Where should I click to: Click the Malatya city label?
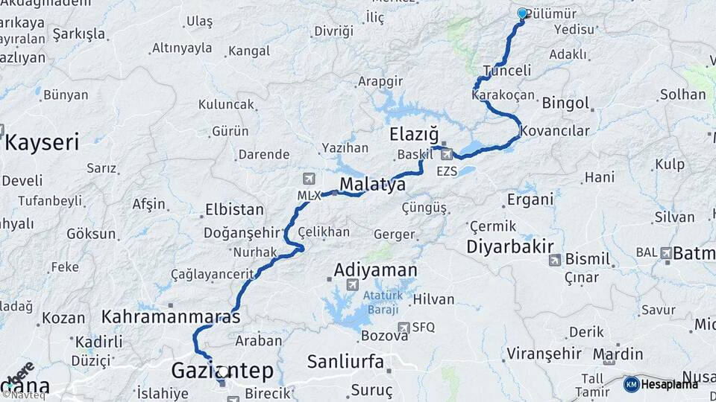pos(372,184)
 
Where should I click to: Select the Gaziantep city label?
pos(222,370)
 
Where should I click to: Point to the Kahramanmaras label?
pos(171,316)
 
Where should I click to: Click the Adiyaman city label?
pos(375,269)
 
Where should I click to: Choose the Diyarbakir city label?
pos(510,246)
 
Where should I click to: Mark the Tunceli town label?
pos(507,71)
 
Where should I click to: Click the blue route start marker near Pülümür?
pos(521,13)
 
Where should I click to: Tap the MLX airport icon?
pos(310,179)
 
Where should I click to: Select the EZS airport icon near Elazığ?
pos(447,155)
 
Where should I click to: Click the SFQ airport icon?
pos(403,327)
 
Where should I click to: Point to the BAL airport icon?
pos(665,253)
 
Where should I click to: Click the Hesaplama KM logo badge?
pos(631,384)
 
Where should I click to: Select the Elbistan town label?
pos(234,209)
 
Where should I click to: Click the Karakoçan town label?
pos(503,95)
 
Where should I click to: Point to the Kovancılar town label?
pos(554,131)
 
